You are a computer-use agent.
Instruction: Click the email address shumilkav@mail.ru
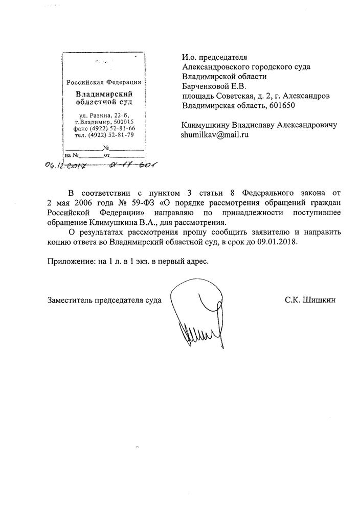(215, 135)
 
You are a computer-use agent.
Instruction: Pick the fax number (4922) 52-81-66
(112, 128)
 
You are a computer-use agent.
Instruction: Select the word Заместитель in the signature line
(68, 300)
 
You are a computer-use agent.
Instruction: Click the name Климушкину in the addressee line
(206, 125)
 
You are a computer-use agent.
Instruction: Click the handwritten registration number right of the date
(131, 166)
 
